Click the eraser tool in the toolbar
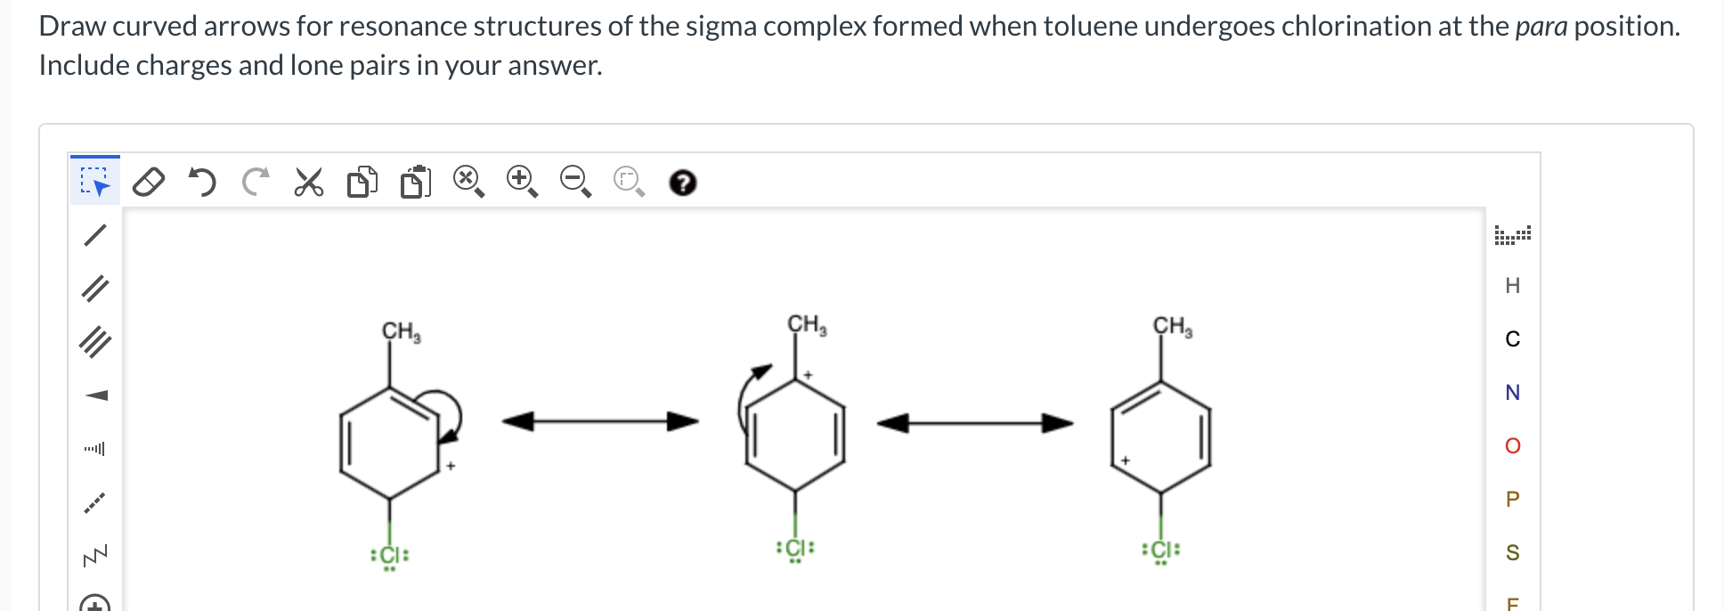(149, 182)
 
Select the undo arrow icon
(202, 182)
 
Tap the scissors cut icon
(308, 182)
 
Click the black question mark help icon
(682, 183)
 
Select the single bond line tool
(94, 235)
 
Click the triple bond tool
(94, 342)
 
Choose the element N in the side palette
(1512, 393)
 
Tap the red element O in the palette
(1512, 446)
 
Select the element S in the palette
(1512, 553)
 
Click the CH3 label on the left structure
(401, 332)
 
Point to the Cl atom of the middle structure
(795, 548)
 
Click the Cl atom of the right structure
(1160, 550)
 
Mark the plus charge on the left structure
(451, 466)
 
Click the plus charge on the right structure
(1126, 460)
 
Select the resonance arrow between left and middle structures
(600, 421)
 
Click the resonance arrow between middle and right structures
(975, 423)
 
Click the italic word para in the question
(1541, 27)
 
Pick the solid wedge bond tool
(95, 395)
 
